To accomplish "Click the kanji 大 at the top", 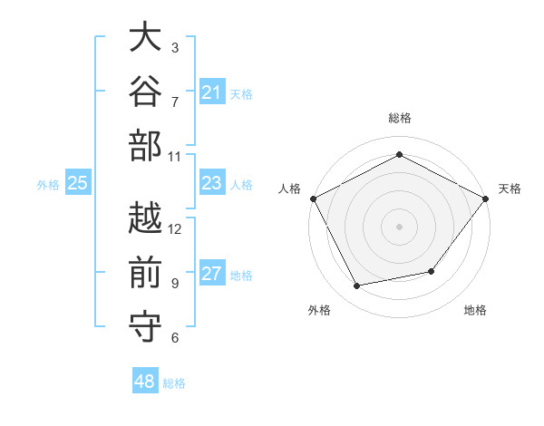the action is tap(145, 36).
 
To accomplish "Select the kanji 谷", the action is tap(145, 91).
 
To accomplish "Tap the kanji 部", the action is tap(145, 145).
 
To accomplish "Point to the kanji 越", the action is tap(145, 218).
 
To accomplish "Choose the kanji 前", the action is tap(145, 272).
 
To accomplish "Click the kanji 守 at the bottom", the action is tap(145, 327).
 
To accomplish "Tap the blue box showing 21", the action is tap(212, 92).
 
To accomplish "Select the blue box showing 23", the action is tap(212, 182).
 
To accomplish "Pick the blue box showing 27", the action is tap(212, 272).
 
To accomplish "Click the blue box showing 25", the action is tap(78, 182).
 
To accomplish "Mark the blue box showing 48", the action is tap(145, 380).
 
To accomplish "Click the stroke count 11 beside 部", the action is tap(174, 157).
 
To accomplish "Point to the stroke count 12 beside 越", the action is tap(174, 229).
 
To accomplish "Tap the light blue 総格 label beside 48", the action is tap(174, 383).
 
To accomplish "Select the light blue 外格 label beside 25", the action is tap(48, 185).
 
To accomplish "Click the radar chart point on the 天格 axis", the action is tap(485, 198).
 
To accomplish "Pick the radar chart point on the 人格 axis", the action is tap(314, 198).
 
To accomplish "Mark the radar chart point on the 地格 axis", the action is tap(432, 271).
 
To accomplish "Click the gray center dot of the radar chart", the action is tap(399, 227).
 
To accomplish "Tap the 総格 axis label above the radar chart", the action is tap(400, 118).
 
